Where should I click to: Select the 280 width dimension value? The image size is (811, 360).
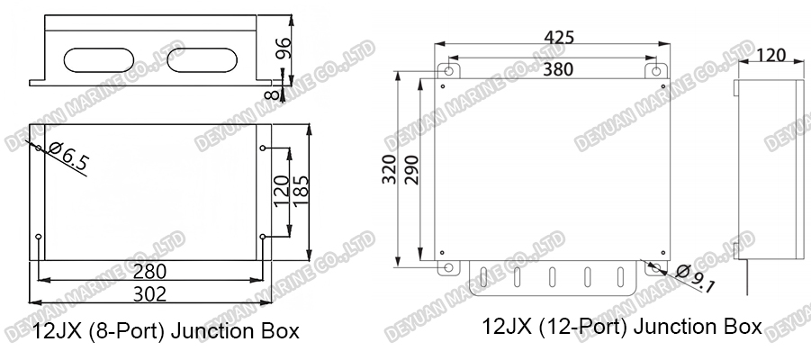click(x=149, y=271)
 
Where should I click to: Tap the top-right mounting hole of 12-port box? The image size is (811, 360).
click(x=656, y=70)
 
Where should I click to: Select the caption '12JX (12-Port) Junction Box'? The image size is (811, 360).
click(x=622, y=326)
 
